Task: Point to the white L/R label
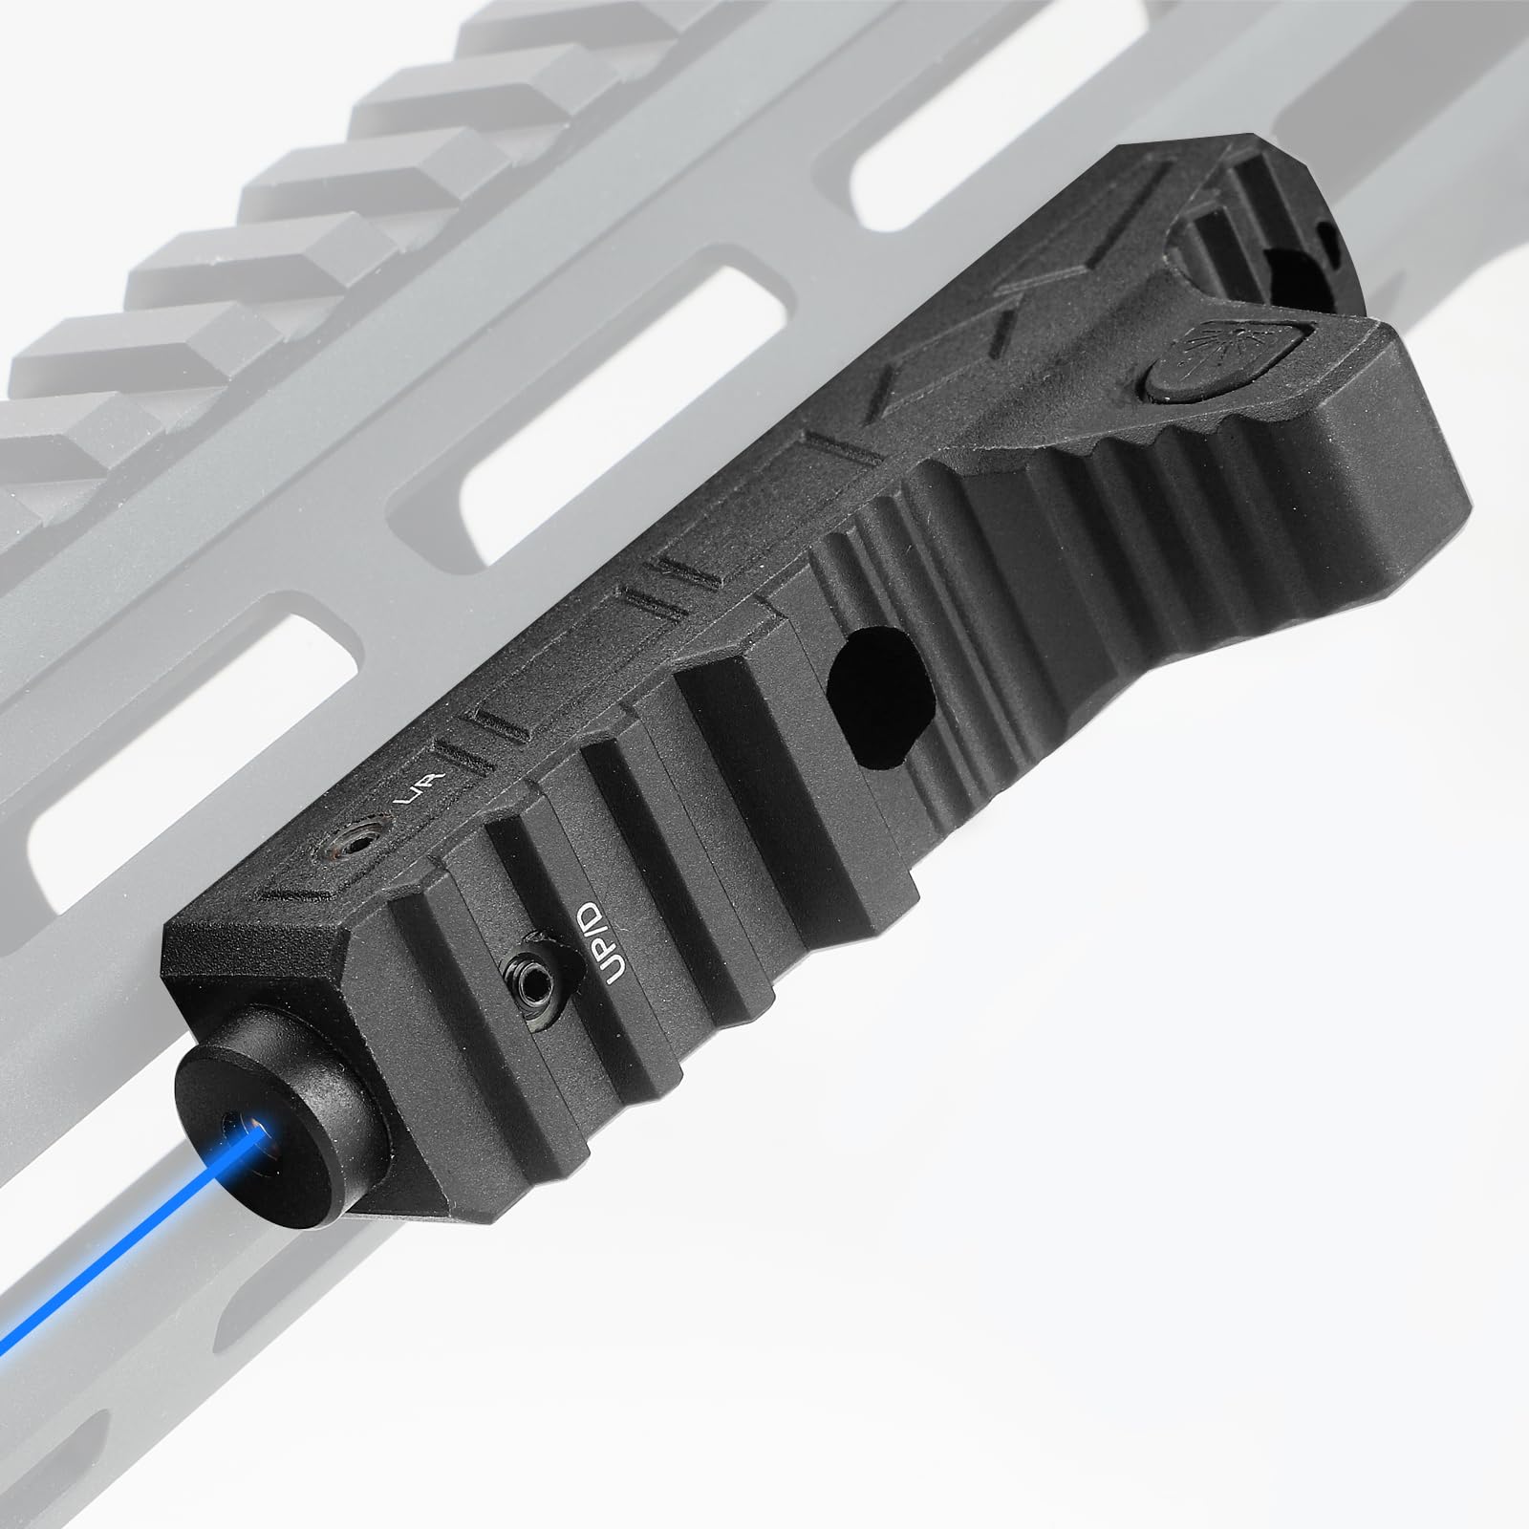(419, 789)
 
